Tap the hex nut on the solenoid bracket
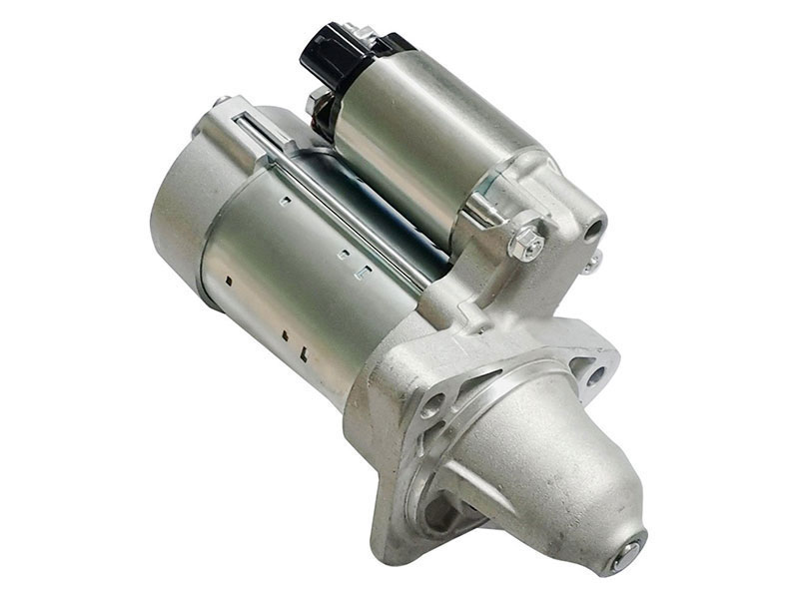tap(525, 241)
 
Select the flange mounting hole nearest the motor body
tap(432, 404)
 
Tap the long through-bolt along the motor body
tap(340, 200)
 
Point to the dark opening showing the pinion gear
tap(439, 514)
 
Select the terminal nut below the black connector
tap(318, 100)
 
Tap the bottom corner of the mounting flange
tap(385, 544)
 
